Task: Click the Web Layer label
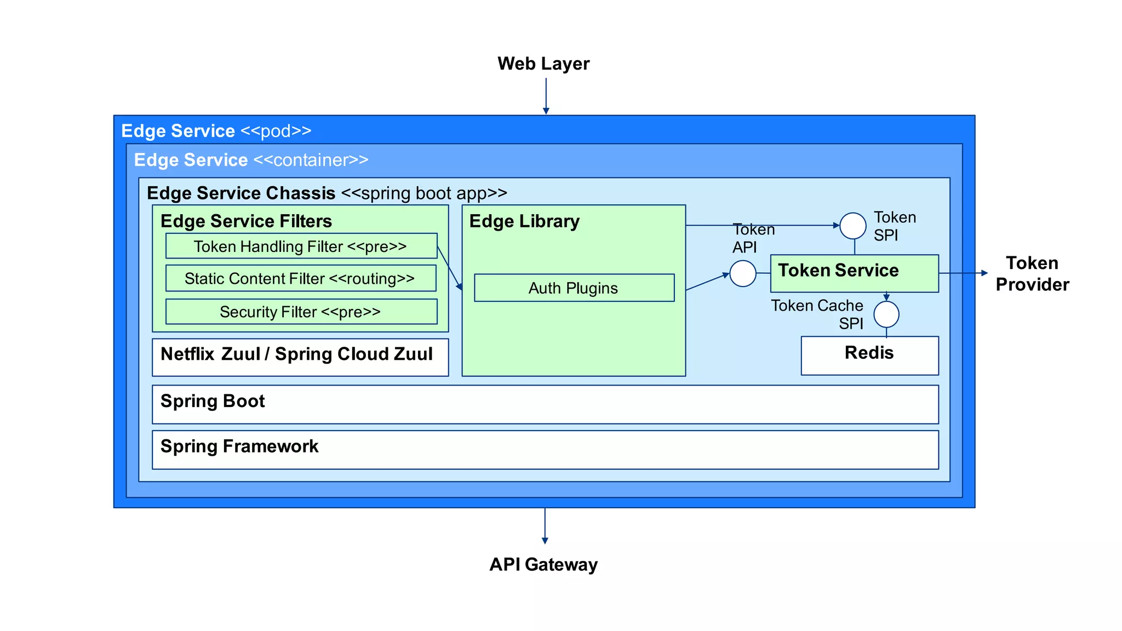(x=543, y=64)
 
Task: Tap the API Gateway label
(x=543, y=564)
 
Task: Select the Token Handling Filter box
(x=301, y=246)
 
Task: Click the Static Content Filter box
(x=301, y=278)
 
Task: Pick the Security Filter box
(x=301, y=312)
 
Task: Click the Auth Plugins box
(x=574, y=288)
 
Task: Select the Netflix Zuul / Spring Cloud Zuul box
(x=300, y=357)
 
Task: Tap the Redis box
(x=869, y=355)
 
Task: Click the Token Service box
(x=854, y=273)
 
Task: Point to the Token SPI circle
(x=853, y=226)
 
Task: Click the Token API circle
(x=743, y=273)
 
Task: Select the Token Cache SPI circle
(x=886, y=314)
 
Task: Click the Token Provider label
(x=1032, y=273)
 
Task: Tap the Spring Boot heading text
(x=213, y=401)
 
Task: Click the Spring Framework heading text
(x=239, y=446)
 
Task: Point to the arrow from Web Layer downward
(x=546, y=96)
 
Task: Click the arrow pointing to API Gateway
(x=545, y=526)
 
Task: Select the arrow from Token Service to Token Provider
(x=963, y=273)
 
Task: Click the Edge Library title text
(x=524, y=221)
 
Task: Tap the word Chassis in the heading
(x=300, y=193)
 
